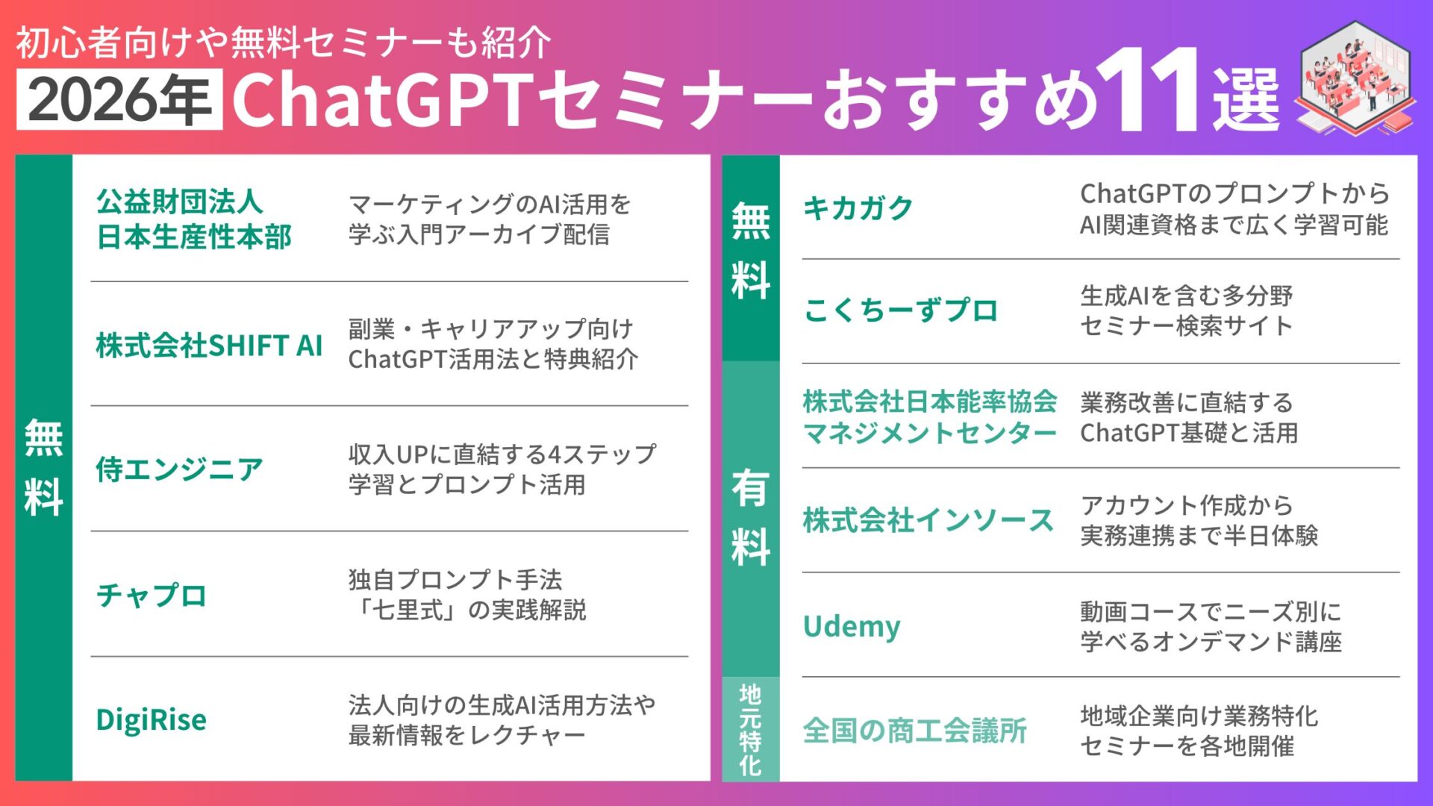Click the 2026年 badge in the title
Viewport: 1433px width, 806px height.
coord(119,99)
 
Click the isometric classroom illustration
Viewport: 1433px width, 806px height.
coord(1355,78)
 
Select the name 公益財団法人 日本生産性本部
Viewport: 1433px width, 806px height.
coord(193,219)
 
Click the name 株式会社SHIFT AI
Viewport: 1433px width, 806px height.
coord(209,346)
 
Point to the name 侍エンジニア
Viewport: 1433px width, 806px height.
coord(179,469)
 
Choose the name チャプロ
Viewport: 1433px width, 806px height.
coord(152,595)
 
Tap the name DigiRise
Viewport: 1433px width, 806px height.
coord(152,719)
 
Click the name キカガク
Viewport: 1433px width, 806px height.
coord(858,208)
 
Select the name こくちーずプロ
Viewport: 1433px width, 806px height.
coord(901,310)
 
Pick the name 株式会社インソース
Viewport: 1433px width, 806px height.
coord(928,520)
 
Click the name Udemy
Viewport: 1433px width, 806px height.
coord(852,625)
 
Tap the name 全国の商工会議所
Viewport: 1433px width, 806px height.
coord(915,730)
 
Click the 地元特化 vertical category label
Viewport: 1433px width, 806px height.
coord(750,730)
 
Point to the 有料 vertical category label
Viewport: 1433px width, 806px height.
coord(750,518)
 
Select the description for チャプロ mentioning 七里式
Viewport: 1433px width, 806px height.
coord(467,595)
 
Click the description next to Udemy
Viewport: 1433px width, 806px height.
coord(1211,626)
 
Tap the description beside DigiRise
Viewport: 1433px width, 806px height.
coord(502,719)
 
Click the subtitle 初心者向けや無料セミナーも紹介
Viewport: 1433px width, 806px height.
coord(284,43)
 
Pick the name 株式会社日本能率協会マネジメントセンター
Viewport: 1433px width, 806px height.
coord(930,416)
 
